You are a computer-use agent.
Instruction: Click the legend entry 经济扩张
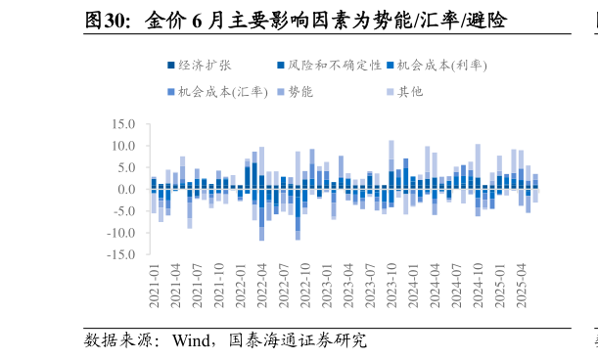(206, 66)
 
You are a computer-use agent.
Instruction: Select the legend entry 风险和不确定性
(327, 66)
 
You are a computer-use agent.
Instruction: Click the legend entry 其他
(411, 92)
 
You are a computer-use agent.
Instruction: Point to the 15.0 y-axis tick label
(123, 124)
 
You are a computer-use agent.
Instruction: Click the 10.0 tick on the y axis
(123, 146)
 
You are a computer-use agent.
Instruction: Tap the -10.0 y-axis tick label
(121, 233)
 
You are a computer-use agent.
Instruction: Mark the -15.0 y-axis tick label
(121, 254)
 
